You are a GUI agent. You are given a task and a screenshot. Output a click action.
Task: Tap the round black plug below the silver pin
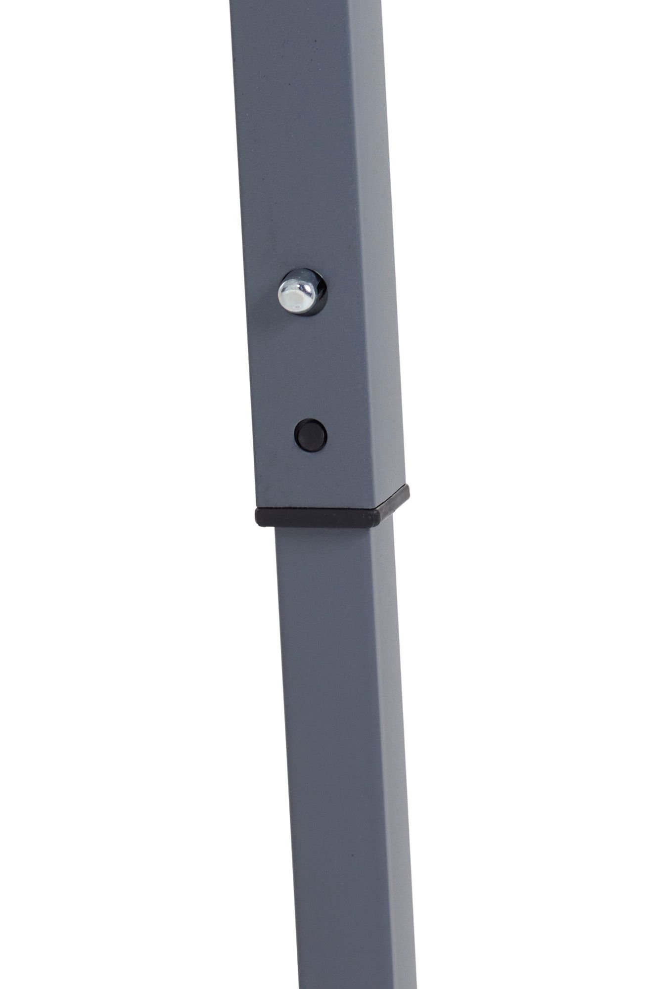pyautogui.click(x=310, y=435)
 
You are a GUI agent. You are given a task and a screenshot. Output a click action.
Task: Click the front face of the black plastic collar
pyautogui.click(x=317, y=517)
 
